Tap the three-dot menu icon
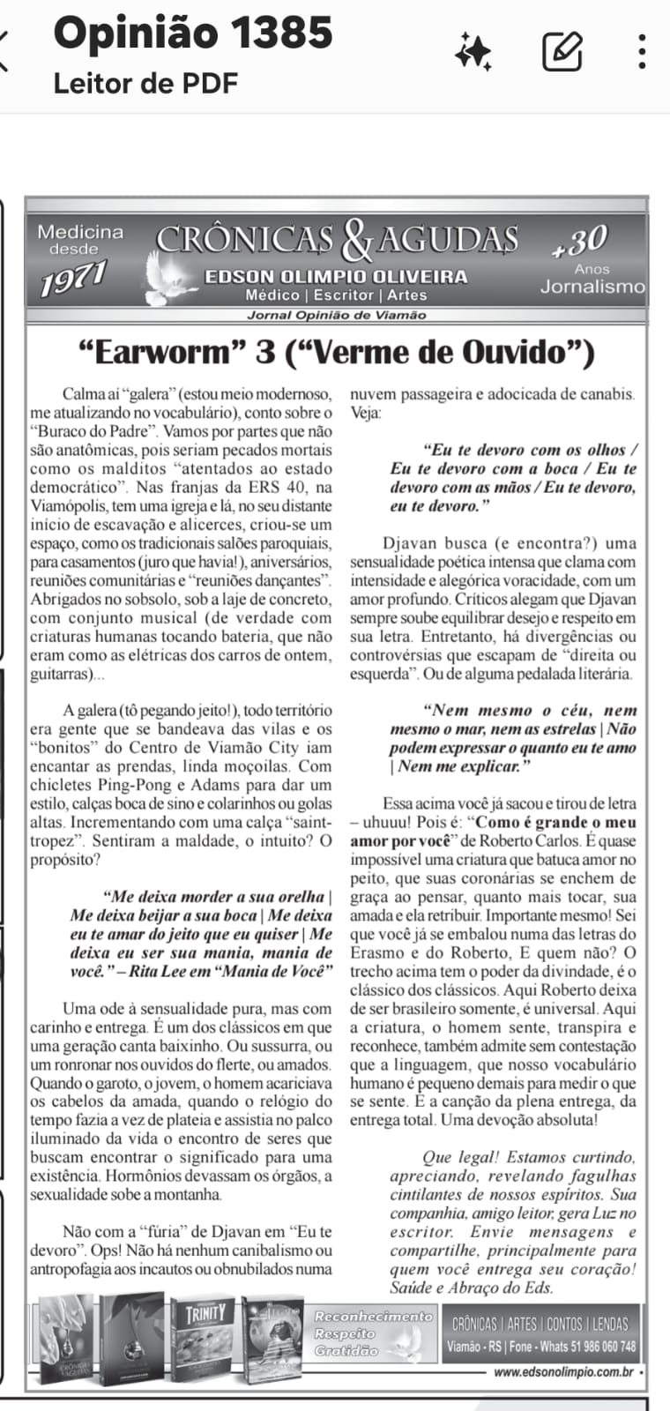(x=643, y=51)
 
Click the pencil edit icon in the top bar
(x=562, y=51)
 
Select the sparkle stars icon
(x=473, y=51)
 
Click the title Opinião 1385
(x=193, y=34)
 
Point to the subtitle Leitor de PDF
(x=145, y=84)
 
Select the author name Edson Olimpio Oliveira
(x=336, y=277)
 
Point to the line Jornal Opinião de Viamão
(x=336, y=315)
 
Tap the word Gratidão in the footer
(x=346, y=1350)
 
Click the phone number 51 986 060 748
(x=596, y=1347)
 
